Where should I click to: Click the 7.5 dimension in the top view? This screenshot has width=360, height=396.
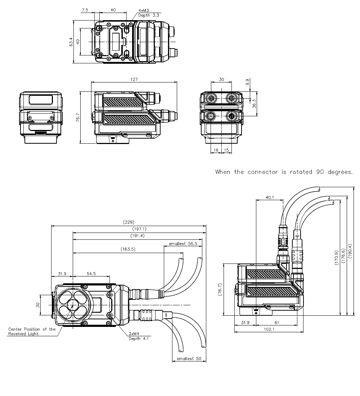tap(85, 10)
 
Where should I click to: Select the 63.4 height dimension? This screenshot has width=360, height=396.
tap(71, 42)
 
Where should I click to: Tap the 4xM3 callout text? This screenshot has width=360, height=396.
tap(144, 11)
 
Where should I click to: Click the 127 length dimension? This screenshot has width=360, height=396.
tap(134, 80)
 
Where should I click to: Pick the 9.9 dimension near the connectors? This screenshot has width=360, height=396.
tap(247, 82)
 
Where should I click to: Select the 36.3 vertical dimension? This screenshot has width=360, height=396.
tap(254, 104)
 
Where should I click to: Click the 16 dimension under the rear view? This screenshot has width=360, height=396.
tap(216, 149)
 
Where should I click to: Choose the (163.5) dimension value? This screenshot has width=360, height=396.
tap(128, 249)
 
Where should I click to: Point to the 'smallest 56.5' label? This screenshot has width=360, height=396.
tap(183, 244)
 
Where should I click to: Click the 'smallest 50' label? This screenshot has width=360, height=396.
tap(189, 359)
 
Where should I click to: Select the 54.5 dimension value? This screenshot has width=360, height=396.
tap(91, 274)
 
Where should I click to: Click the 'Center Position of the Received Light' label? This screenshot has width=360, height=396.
tap(32, 332)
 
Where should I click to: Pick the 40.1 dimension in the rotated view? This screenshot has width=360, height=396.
tap(269, 197)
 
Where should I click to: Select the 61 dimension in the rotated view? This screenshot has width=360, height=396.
tap(276, 322)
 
